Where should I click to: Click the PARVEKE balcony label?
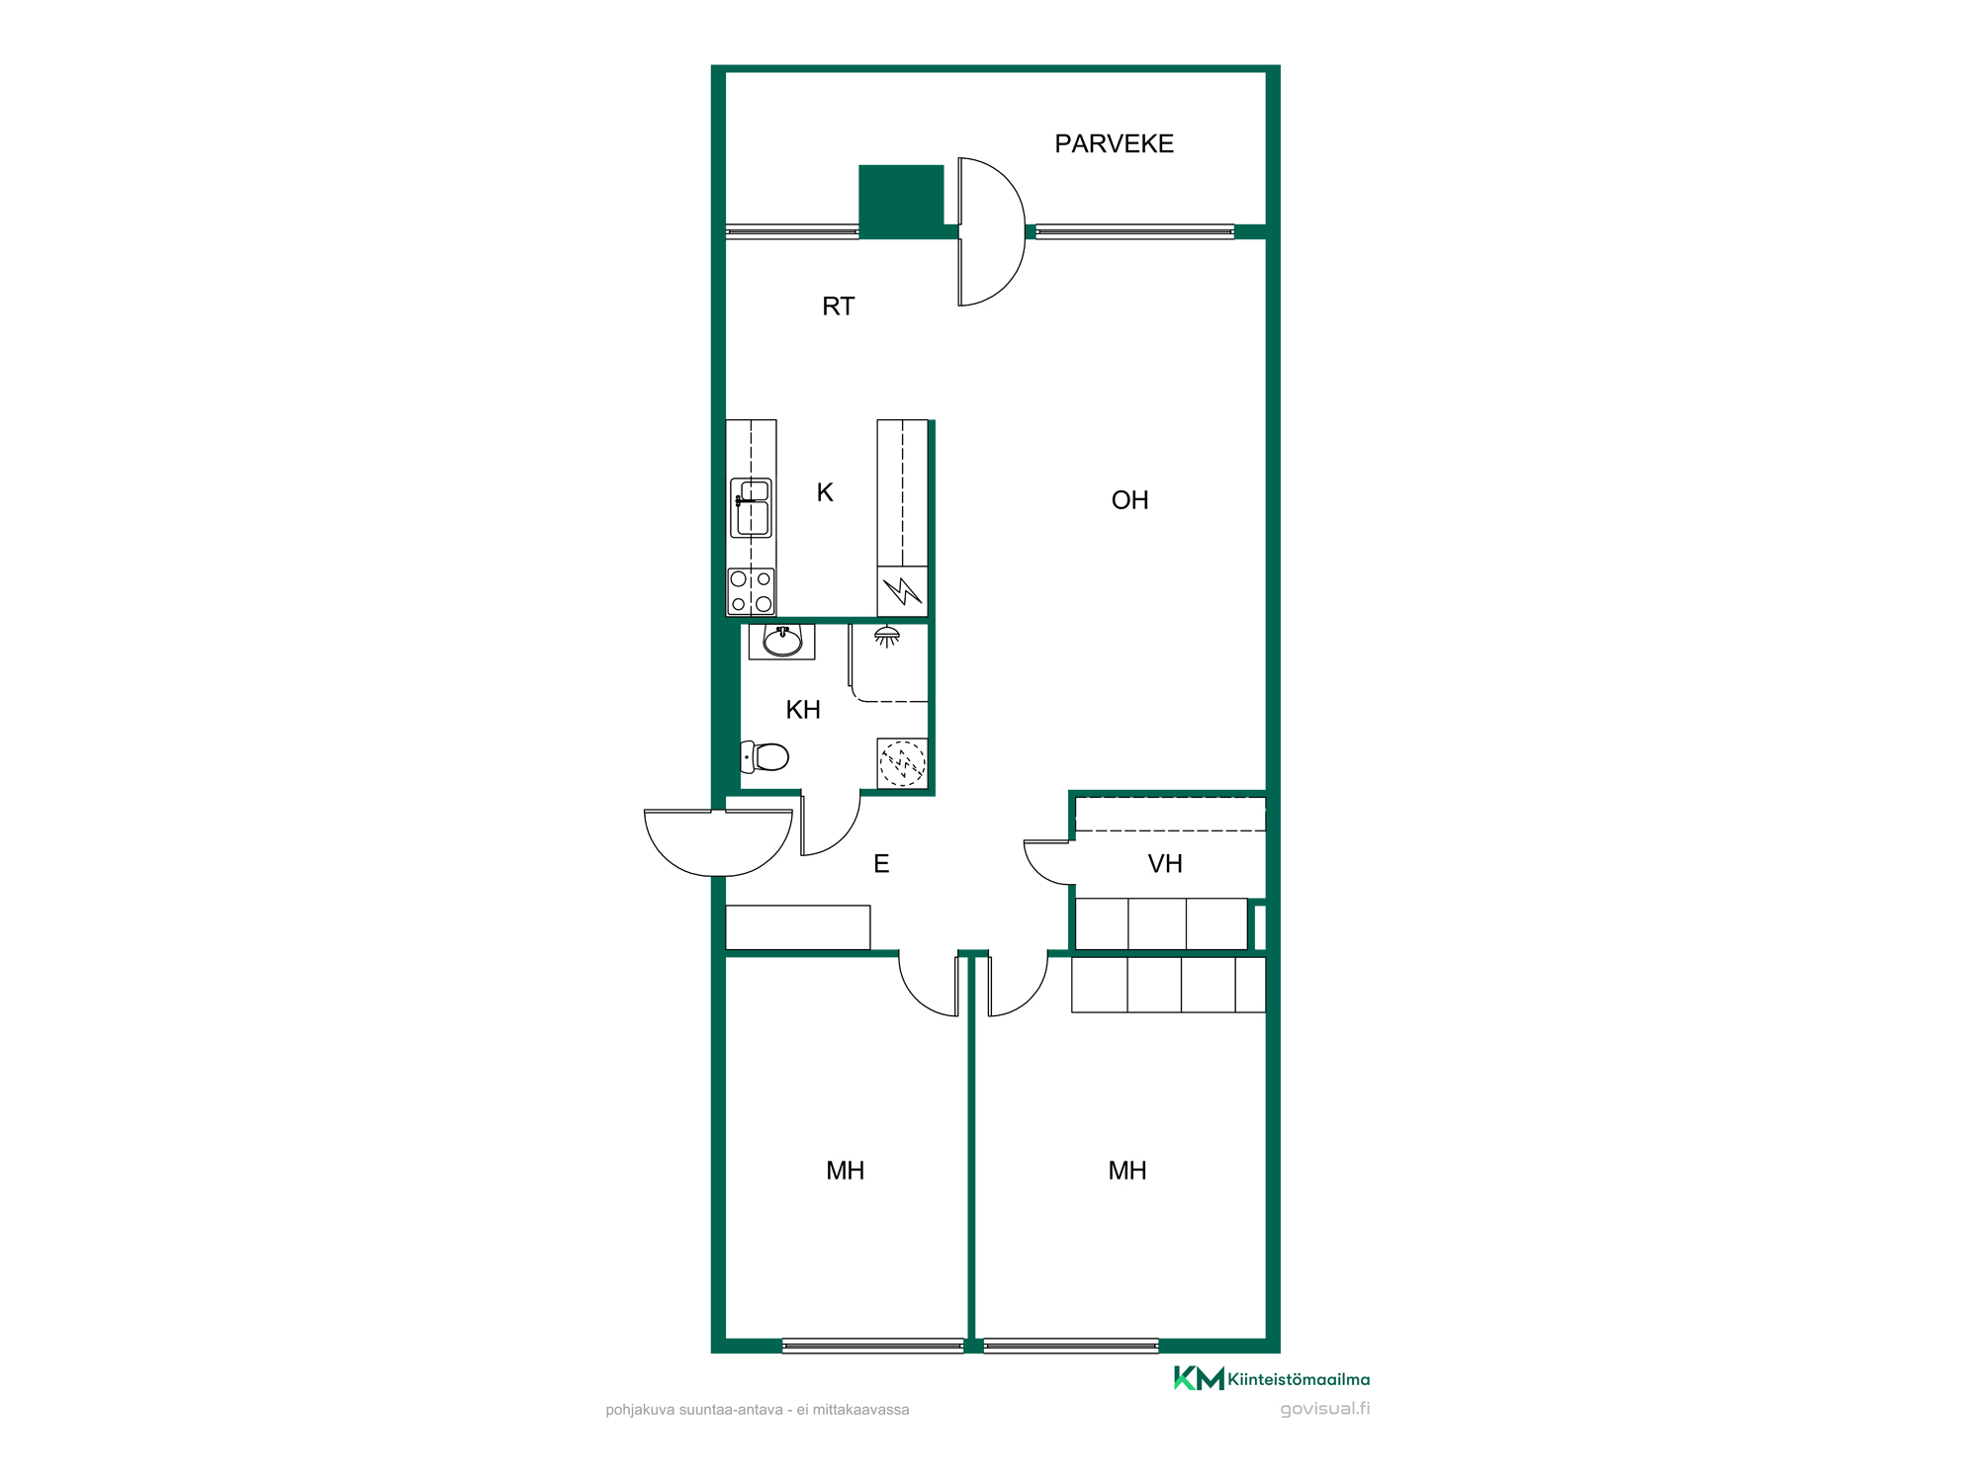[1114, 144]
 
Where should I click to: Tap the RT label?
[838, 306]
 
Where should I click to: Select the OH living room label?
[1129, 500]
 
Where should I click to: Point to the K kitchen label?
[825, 492]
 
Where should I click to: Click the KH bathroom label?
[803, 710]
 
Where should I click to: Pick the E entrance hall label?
[881, 864]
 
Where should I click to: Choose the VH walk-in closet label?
[1165, 864]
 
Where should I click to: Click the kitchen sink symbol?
[752, 508]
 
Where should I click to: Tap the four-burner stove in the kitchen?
[752, 591]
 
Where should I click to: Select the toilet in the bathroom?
[764, 757]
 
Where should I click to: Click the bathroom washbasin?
[782, 642]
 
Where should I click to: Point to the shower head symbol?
[887, 637]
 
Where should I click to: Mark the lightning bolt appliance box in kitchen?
[902, 591]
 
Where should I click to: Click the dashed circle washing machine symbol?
[902, 763]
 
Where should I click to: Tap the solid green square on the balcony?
[901, 202]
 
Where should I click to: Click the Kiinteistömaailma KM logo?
[1272, 1378]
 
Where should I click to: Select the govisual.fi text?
[1324, 1409]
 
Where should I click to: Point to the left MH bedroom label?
[846, 1172]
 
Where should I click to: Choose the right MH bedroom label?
[1127, 1172]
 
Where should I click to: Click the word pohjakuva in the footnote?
[640, 1410]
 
